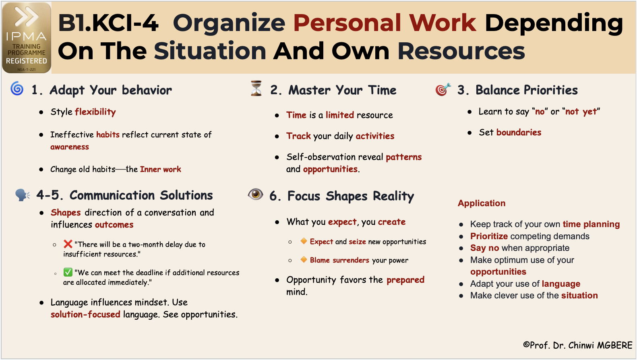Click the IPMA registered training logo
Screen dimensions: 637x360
click(27, 37)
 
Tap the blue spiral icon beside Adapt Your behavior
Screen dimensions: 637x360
click(17, 88)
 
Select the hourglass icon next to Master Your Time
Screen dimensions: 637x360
click(256, 89)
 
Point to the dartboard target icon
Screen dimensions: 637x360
click(443, 89)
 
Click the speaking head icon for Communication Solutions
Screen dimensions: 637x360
click(23, 195)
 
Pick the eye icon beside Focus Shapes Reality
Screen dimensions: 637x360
click(255, 194)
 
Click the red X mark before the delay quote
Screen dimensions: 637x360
click(68, 244)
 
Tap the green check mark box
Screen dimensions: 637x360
click(68, 272)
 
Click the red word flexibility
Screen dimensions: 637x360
click(95, 112)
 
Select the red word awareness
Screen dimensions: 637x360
click(70, 147)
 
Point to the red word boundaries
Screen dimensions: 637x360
click(519, 132)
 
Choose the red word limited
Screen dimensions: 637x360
click(340, 115)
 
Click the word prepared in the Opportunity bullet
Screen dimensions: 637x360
click(405, 280)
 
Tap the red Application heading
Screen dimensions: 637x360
click(482, 203)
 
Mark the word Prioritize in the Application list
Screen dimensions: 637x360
click(489, 236)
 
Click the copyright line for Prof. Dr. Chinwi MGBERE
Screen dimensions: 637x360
click(577, 345)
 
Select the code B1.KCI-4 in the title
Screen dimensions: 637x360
click(108, 23)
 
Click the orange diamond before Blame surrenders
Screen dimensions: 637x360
click(304, 260)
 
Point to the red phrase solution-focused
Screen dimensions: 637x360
click(85, 314)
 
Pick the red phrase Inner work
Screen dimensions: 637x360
click(160, 169)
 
